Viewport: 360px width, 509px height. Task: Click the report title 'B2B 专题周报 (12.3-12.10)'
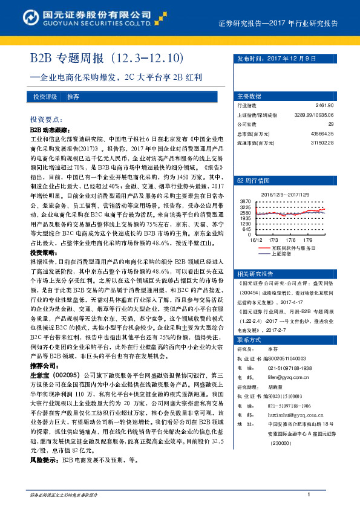[106, 59]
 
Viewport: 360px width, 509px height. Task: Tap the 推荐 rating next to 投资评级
[73, 97]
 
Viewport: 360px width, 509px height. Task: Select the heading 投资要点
[46, 120]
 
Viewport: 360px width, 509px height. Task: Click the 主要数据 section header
[249, 96]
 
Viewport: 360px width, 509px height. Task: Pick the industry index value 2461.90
[324, 106]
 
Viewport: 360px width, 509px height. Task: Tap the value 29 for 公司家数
[330, 124]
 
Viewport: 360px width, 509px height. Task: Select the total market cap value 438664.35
[321, 133]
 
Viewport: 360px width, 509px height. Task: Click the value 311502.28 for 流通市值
[321, 142]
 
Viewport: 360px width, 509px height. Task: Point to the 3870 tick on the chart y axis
[245, 200]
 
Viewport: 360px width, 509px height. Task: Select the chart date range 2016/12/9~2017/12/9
[286, 195]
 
